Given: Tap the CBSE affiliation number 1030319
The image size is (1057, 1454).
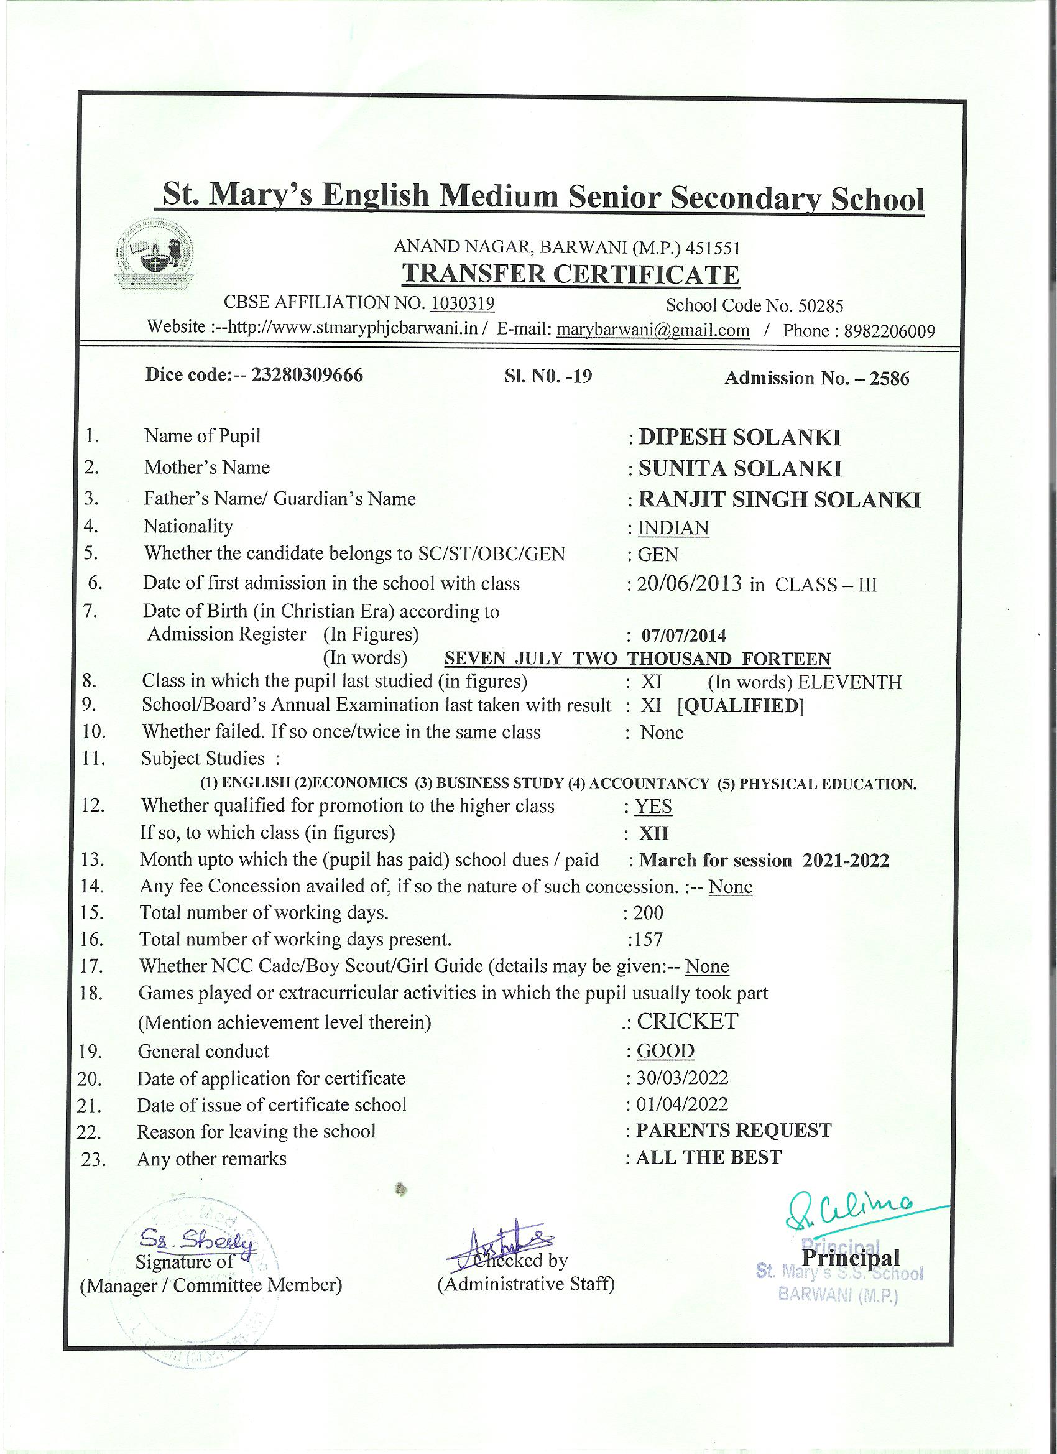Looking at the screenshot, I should click(x=462, y=302).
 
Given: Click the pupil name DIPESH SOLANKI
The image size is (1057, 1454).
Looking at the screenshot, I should click(x=739, y=437).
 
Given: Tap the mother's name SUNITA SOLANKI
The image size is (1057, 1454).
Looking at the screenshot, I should click(x=740, y=469).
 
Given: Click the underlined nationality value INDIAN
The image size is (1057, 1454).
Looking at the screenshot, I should click(x=673, y=527).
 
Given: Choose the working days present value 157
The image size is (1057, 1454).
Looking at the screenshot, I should click(x=647, y=940).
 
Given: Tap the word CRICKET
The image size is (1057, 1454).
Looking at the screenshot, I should click(x=687, y=1021).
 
